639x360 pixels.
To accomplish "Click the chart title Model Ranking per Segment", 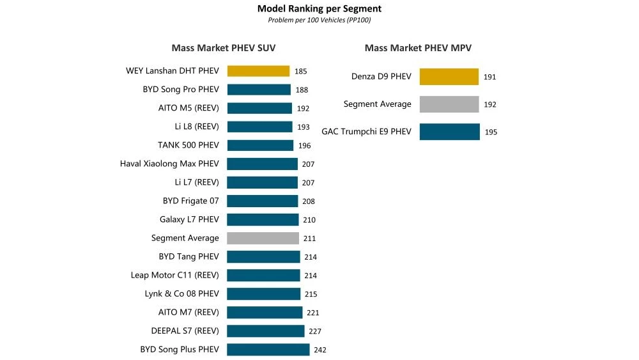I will [x=319, y=9].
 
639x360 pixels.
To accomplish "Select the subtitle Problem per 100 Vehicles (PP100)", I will [x=319, y=20].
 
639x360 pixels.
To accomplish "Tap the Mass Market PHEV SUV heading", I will [x=224, y=48].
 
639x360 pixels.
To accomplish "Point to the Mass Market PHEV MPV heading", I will [x=418, y=48].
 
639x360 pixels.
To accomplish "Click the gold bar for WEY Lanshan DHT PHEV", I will [x=258, y=71].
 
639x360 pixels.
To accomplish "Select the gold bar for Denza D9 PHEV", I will [x=449, y=77].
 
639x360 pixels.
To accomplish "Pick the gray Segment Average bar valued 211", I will [x=263, y=238].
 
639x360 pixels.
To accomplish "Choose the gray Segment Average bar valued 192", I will [x=449, y=104].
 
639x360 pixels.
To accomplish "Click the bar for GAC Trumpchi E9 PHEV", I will [x=449, y=132].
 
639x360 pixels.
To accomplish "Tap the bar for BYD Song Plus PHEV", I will [x=268, y=350].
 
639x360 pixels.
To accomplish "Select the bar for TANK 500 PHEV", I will [x=260, y=145].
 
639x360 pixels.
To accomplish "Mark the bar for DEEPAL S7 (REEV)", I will [x=265, y=331].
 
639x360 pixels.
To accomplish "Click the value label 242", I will [x=319, y=350].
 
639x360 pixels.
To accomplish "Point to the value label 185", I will [x=300, y=72].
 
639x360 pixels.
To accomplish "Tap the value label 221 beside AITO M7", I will [x=312, y=313].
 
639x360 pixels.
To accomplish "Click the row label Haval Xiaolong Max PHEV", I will [x=169, y=164].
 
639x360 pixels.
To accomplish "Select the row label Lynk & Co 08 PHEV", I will [x=181, y=293].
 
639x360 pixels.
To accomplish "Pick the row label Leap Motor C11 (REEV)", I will [x=174, y=275].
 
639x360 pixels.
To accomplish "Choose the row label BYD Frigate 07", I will [x=190, y=201].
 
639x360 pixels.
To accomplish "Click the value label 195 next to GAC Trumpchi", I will [x=491, y=132].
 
